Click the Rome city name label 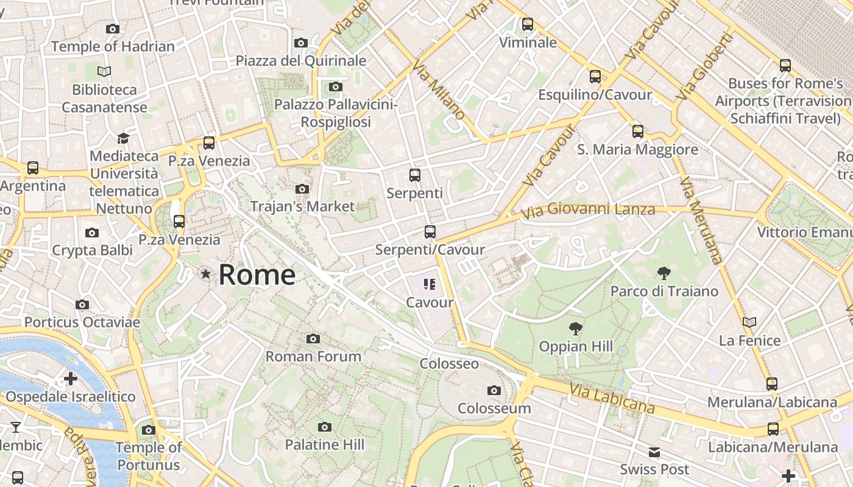click(x=257, y=275)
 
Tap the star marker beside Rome click(x=206, y=275)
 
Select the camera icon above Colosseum click(x=494, y=390)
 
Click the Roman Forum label click(x=314, y=356)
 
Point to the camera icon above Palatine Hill click(x=325, y=427)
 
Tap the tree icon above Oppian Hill click(x=575, y=329)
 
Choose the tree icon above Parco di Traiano click(x=664, y=273)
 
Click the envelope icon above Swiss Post click(x=654, y=452)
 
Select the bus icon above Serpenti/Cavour click(x=430, y=231)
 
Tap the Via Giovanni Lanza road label click(x=589, y=211)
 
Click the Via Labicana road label click(x=612, y=399)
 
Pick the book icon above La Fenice click(x=749, y=322)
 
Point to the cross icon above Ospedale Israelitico click(x=71, y=379)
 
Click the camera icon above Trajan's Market click(x=302, y=189)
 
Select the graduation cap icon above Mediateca click(x=124, y=138)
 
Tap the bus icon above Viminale click(x=528, y=24)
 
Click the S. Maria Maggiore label click(x=637, y=149)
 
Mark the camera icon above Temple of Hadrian click(x=112, y=29)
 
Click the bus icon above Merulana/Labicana click(x=772, y=384)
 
